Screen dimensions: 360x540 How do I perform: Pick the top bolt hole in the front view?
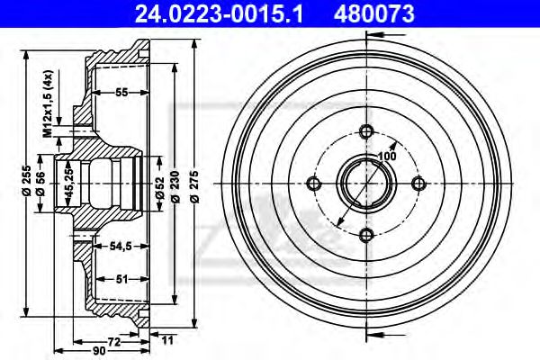[x=365, y=131]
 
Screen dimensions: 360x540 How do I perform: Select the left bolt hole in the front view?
[x=314, y=184]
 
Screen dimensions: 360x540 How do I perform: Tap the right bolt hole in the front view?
[x=418, y=184]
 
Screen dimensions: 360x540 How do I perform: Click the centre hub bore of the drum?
[x=365, y=184]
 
